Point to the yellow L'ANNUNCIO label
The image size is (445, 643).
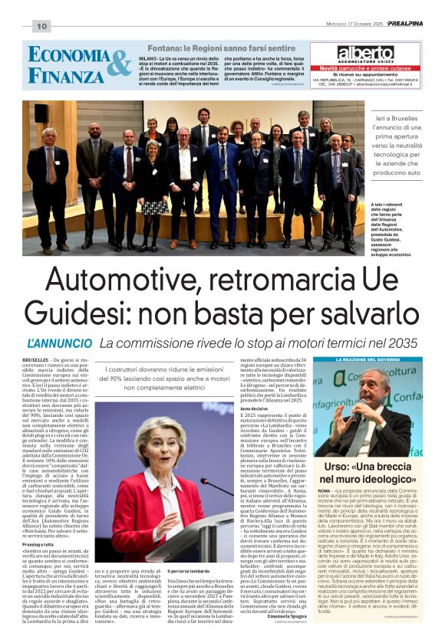pos(58,343)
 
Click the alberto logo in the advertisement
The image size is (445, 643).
pos(364,53)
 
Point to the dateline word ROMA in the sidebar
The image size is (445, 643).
pos(325,488)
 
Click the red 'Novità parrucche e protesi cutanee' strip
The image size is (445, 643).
pos(365,68)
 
